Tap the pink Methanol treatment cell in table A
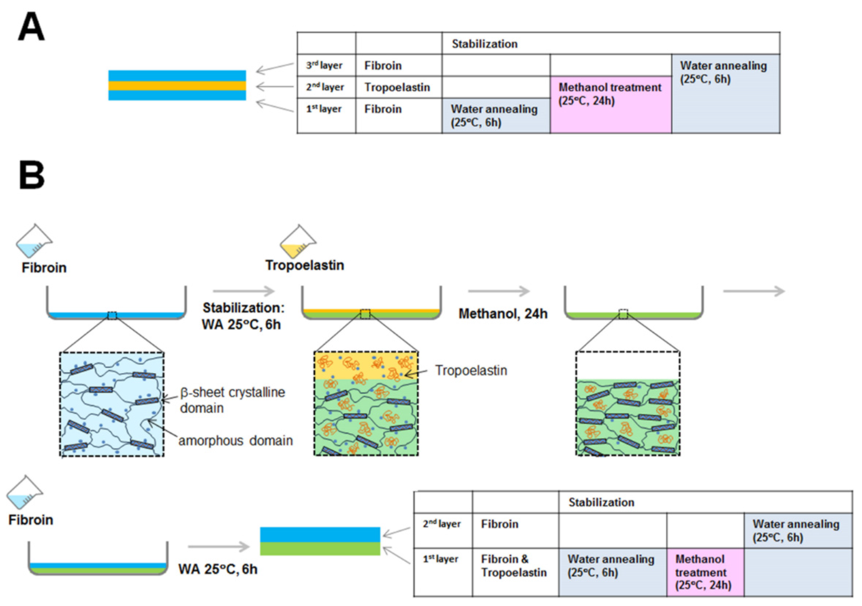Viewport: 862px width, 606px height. [610, 105]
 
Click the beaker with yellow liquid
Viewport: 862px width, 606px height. [298, 242]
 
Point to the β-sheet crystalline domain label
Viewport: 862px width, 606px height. [232, 400]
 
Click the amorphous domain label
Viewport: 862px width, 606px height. [235, 440]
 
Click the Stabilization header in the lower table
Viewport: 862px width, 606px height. [601, 502]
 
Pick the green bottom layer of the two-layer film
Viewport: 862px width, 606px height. [320, 549]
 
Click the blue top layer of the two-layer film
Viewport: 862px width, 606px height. [320, 534]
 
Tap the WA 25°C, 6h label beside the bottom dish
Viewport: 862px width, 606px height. [218, 569]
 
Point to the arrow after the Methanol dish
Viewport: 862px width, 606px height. [754, 291]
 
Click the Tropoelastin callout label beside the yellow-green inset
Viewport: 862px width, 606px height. [471, 370]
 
